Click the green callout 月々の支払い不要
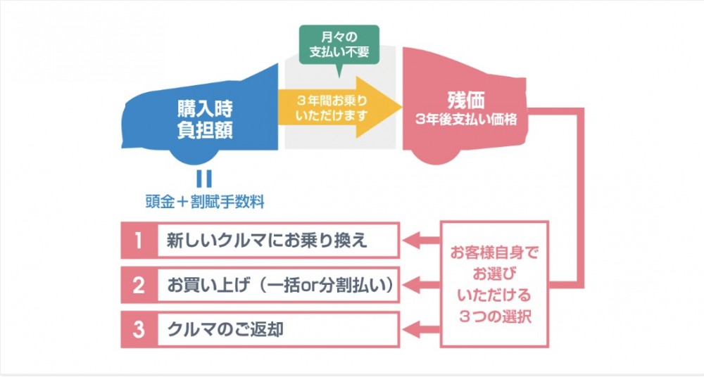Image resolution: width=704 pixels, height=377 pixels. [339, 43]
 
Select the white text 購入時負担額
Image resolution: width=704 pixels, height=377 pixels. [204, 120]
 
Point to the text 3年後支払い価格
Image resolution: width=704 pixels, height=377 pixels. [466, 120]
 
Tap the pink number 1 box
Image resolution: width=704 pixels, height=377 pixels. [138, 241]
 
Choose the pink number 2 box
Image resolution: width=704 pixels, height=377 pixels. [138, 286]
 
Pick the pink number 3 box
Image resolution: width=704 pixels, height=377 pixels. [138, 328]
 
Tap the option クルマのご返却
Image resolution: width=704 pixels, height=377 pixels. [225, 328]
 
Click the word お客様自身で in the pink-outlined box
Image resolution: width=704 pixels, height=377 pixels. [494, 251]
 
